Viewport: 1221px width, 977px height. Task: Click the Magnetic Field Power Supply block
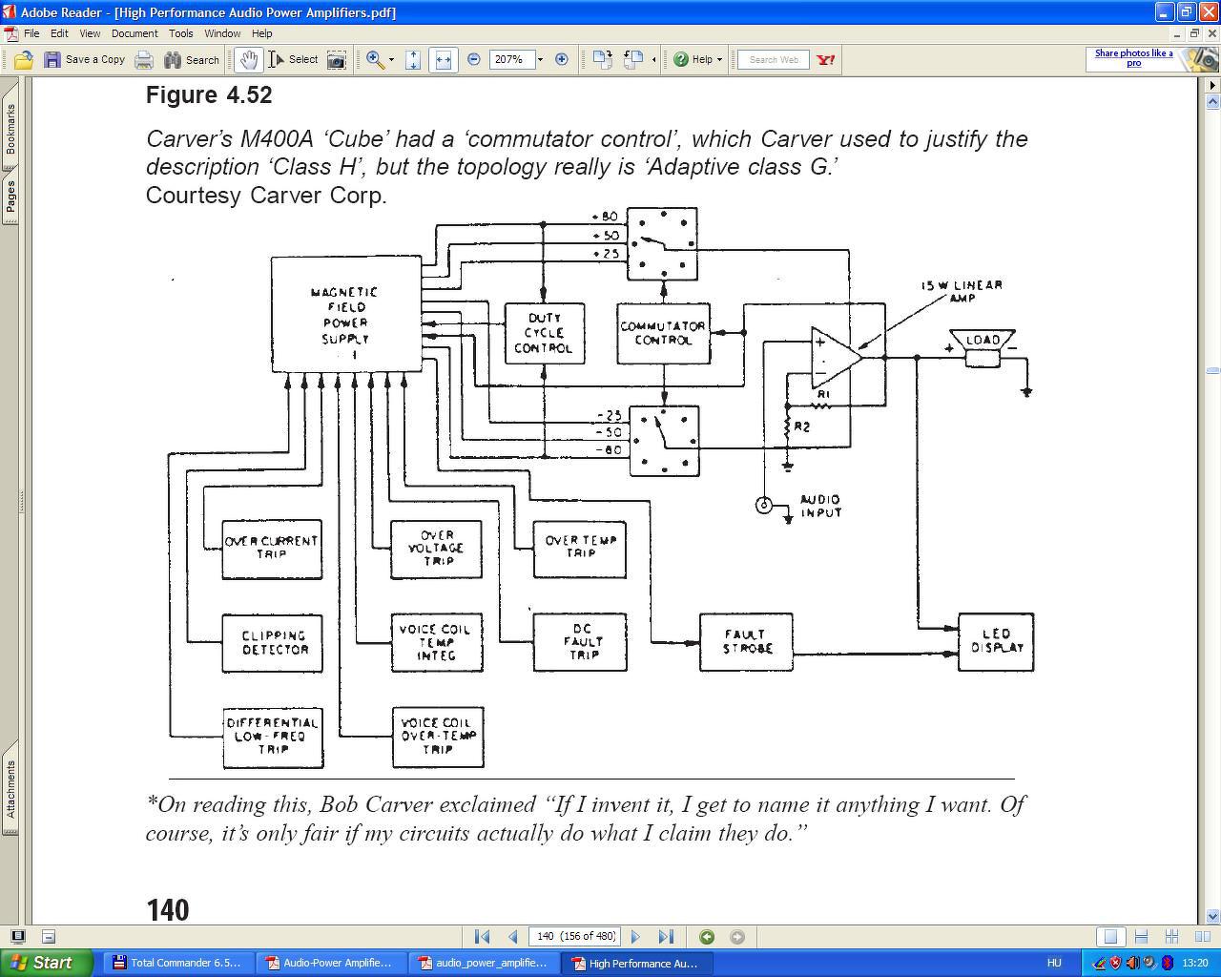pyautogui.click(x=346, y=314)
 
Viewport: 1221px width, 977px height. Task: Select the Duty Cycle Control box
pyautogui.click(x=544, y=333)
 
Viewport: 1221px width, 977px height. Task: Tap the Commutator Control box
pyautogui.click(x=663, y=333)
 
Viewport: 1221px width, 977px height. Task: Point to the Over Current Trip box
pyautogui.click(x=272, y=549)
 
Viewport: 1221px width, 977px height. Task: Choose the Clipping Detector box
pyautogui.click(x=273, y=643)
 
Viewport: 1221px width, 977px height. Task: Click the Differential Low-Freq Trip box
pyautogui.click(x=273, y=738)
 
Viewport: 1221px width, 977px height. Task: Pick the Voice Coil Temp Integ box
pyautogui.click(x=437, y=642)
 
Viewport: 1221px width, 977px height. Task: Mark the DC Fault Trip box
pyautogui.click(x=580, y=642)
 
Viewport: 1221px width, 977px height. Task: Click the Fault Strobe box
pyautogui.click(x=746, y=642)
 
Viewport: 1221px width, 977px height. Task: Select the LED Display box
pyautogui.click(x=996, y=642)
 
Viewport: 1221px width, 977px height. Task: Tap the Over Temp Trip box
pyautogui.click(x=579, y=549)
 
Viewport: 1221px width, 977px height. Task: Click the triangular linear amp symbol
pyautogui.click(x=836, y=358)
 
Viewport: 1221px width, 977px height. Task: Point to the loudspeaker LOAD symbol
pyautogui.click(x=983, y=348)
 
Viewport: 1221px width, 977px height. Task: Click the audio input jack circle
pyautogui.click(x=764, y=505)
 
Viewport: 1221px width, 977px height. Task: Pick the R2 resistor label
pyautogui.click(x=801, y=426)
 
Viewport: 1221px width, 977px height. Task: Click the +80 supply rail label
pyautogui.click(x=605, y=217)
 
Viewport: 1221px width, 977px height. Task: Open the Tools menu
pyautogui.click(x=181, y=33)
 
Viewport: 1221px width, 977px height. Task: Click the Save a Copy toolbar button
pyautogui.click(x=84, y=59)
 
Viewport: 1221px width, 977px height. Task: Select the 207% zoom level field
pyautogui.click(x=512, y=59)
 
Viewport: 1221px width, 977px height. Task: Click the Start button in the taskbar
pyautogui.click(x=47, y=963)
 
